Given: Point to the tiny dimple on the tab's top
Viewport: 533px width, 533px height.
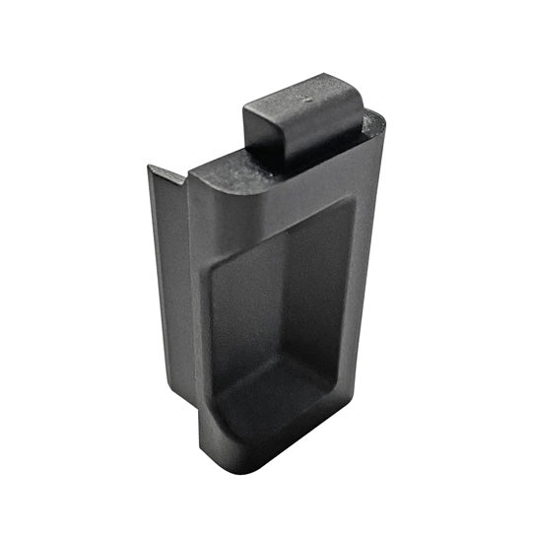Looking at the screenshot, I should click(x=305, y=100).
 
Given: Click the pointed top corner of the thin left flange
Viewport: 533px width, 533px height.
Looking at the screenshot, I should click(x=151, y=167).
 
